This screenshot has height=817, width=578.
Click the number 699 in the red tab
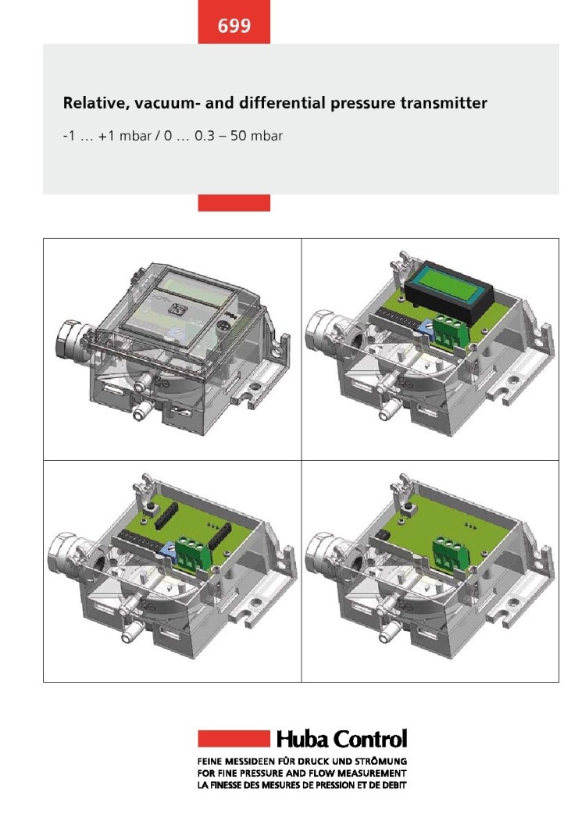click(x=234, y=26)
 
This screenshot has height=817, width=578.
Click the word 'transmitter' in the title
click(x=444, y=102)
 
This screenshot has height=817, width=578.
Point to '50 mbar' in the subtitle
click(x=256, y=136)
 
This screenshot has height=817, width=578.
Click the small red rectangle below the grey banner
click(x=234, y=203)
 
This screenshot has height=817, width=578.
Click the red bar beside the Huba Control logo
click(x=234, y=738)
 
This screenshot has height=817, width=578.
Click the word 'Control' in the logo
click(x=370, y=739)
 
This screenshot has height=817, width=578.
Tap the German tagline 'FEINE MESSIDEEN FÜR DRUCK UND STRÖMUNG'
click(x=302, y=762)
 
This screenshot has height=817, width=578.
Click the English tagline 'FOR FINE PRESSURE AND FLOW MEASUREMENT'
click(x=301, y=773)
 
